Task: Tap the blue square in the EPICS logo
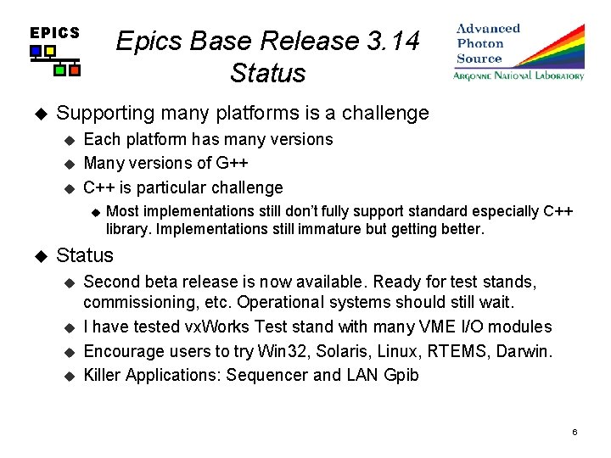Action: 36,52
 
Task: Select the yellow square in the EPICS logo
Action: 50,52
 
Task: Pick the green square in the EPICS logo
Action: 59,70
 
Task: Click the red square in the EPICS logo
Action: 74,70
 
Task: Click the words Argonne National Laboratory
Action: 519,76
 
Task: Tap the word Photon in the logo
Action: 480,43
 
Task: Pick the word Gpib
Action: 401,375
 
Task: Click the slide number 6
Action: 575,433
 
